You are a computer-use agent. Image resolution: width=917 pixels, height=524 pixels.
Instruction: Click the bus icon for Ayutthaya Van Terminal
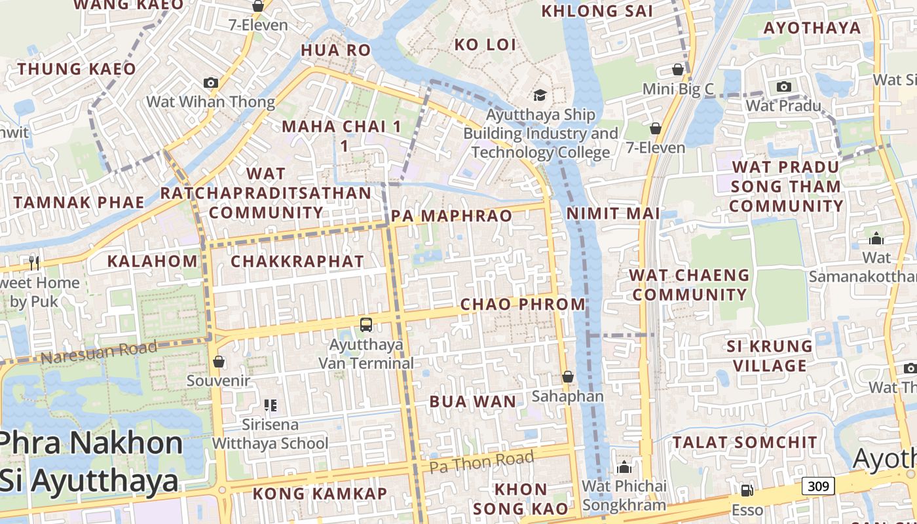(x=366, y=324)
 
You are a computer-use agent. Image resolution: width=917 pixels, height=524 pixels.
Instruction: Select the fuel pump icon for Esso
(x=747, y=491)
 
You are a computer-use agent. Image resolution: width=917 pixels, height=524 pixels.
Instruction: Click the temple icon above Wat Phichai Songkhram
(x=624, y=467)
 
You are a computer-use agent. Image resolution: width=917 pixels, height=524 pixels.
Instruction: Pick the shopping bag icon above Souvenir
(x=219, y=362)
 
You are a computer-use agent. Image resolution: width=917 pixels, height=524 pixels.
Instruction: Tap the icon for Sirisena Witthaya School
(x=270, y=405)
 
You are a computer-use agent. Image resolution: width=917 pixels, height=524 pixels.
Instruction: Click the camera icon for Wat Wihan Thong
(x=210, y=83)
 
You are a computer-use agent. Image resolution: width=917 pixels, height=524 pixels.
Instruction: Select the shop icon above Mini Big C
(x=678, y=69)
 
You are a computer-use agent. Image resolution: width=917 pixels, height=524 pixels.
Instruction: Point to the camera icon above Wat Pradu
(x=783, y=86)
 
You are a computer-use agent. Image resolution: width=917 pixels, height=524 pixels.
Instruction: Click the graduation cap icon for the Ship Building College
(x=540, y=96)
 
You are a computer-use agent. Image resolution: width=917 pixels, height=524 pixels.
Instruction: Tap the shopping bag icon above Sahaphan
(x=568, y=377)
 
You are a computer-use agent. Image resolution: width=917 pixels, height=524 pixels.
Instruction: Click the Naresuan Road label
(x=98, y=352)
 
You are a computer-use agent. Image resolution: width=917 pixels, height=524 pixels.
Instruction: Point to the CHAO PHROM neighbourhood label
(x=523, y=304)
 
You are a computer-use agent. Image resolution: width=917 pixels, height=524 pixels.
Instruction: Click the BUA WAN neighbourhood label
(x=472, y=402)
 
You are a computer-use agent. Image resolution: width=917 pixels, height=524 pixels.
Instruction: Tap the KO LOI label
(x=485, y=45)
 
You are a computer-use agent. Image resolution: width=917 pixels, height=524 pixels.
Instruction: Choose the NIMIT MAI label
(x=613, y=214)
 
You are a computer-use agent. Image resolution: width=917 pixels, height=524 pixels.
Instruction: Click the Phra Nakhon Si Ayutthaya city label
(x=90, y=462)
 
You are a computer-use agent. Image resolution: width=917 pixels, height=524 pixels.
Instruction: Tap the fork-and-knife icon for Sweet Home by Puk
(x=34, y=263)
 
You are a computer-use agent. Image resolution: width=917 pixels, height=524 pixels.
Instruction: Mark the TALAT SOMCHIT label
(x=745, y=442)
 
